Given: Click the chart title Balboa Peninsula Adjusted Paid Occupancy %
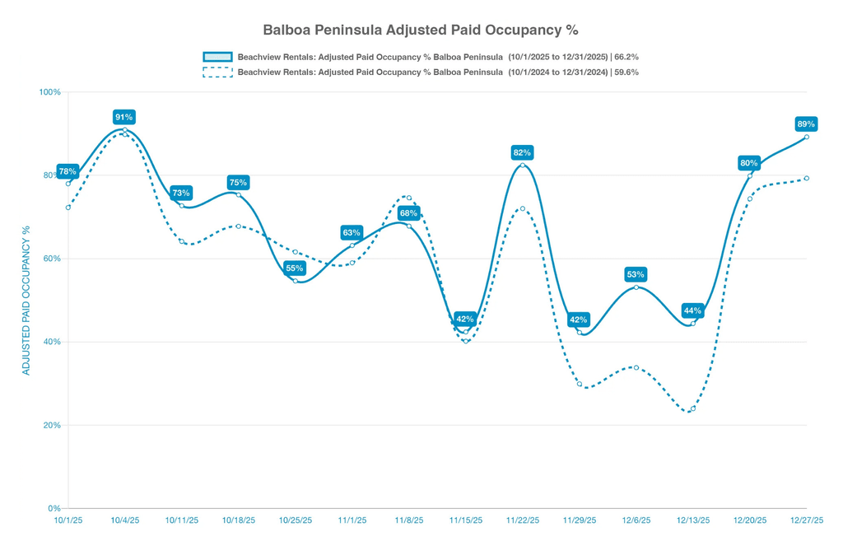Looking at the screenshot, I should coord(421,30).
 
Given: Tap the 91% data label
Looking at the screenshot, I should coord(123,117).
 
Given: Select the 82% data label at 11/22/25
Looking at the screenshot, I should coord(522,152).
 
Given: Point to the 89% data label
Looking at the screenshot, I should coord(806,124).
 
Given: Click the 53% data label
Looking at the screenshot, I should coord(635,274).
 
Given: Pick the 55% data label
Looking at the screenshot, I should coord(294,268).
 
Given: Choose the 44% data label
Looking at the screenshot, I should coord(692,311).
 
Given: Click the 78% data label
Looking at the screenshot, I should coord(68,171).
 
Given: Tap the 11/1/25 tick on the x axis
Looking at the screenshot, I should coord(352,520).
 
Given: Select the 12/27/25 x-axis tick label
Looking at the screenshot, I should coord(806,520).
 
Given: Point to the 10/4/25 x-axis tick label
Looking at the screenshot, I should coord(124,520).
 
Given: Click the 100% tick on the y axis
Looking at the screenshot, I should coord(50,92).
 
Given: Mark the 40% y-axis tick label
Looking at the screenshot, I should coord(52,342).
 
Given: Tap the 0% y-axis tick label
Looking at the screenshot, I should coord(54,509).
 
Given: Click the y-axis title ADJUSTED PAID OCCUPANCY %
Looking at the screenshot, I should coord(26,300).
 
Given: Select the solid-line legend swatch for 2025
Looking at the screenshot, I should coord(217,57).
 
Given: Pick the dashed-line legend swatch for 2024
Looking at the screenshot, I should coord(217,72).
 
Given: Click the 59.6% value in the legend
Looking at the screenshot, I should coord(625,72).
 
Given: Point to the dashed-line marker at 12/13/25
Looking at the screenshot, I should coord(693,408).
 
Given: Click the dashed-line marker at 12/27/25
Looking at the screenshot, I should coord(807,178).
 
